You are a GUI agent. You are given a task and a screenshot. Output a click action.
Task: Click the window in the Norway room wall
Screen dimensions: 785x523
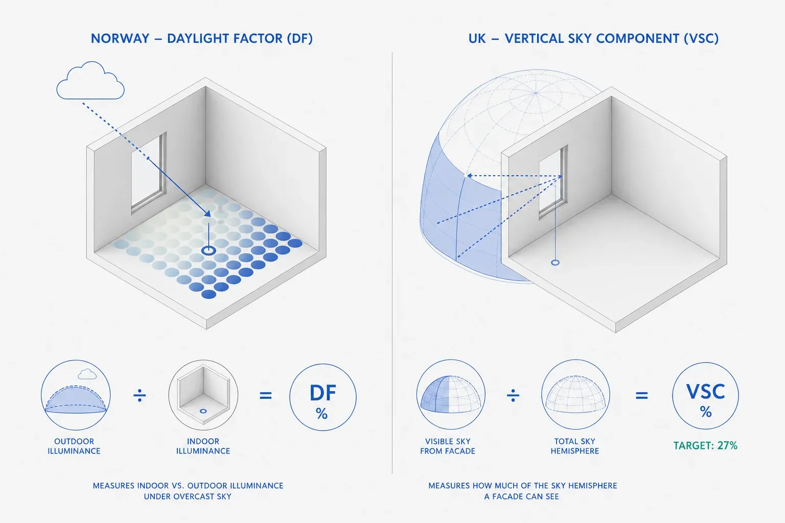tap(149, 172)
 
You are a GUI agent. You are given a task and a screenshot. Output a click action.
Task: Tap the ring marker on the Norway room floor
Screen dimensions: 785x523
tap(209, 250)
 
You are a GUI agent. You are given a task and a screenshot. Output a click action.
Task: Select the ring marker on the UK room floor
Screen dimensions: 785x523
tap(555, 263)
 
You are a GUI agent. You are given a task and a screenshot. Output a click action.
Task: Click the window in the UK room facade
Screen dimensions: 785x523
tap(553, 182)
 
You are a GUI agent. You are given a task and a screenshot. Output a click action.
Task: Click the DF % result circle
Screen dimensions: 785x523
tap(323, 397)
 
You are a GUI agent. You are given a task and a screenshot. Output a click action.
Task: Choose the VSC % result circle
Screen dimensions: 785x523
tap(705, 396)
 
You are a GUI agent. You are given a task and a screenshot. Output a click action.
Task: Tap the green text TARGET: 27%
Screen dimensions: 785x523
tap(705, 445)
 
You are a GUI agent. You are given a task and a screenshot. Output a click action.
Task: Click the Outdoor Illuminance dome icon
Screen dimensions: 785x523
tap(76, 395)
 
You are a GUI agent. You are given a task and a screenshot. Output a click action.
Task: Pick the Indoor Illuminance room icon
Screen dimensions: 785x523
tap(203, 395)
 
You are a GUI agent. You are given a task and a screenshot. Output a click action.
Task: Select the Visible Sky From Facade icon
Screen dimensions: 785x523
tap(451, 394)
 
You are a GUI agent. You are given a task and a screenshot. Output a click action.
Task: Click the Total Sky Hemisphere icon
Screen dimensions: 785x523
tap(575, 394)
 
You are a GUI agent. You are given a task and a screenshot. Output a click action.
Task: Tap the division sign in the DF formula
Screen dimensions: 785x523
tap(140, 395)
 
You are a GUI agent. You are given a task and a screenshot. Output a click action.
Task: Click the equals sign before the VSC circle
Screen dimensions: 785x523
tap(642, 395)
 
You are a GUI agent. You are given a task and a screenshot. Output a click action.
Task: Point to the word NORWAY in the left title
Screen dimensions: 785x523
tap(120, 38)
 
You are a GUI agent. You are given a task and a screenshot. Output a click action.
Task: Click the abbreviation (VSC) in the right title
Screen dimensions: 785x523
tap(701, 38)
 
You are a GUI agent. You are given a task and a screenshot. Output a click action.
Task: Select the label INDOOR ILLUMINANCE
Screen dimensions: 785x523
tap(203, 446)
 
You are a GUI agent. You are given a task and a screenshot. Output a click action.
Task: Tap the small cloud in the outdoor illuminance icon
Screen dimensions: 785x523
tap(87, 374)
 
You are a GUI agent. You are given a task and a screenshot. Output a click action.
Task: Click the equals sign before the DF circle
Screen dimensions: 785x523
tap(266, 395)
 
